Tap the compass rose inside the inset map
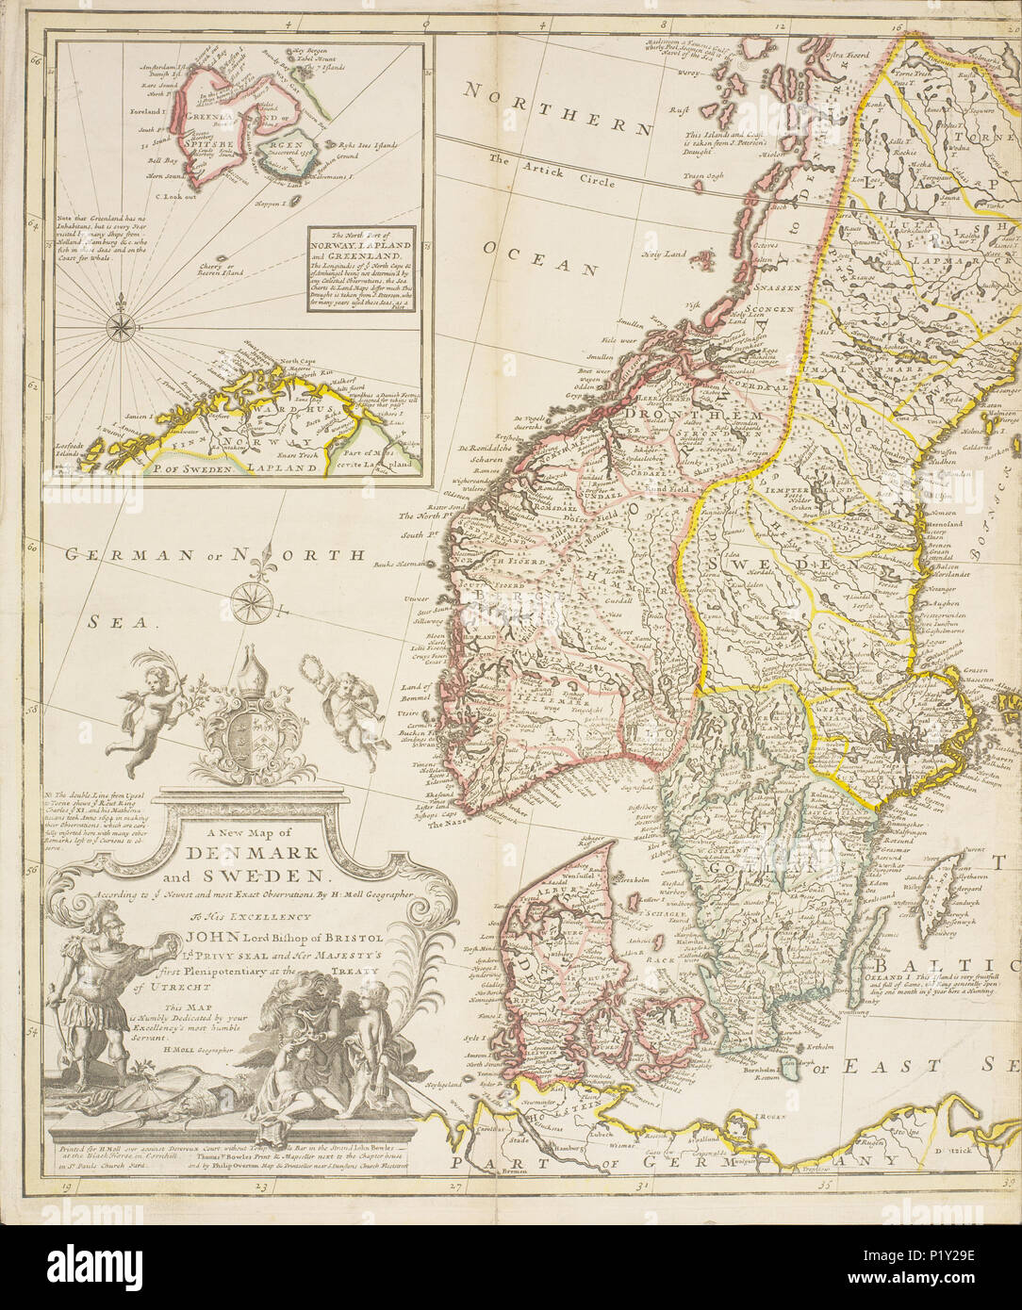click(x=120, y=326)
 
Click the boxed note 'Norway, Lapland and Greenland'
click(x=362, y=268)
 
